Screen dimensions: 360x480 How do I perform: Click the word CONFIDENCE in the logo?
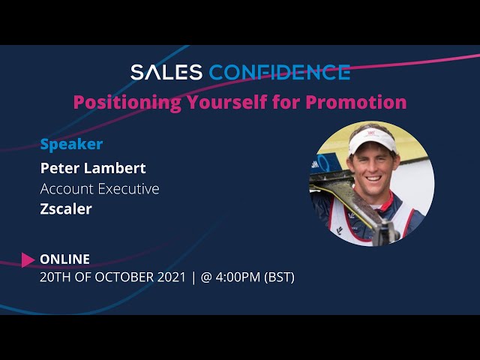279,72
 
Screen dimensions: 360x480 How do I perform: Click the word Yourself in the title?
229,102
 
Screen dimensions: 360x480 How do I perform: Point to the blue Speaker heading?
71,143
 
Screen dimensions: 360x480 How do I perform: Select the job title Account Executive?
99,188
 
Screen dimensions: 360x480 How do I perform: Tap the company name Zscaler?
66,208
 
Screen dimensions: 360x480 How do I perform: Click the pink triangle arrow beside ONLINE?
28,259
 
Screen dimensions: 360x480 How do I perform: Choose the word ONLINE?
64,259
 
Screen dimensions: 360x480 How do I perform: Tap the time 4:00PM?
238,277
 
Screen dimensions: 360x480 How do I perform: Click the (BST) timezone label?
279,277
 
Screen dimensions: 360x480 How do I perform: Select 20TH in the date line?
55,277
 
